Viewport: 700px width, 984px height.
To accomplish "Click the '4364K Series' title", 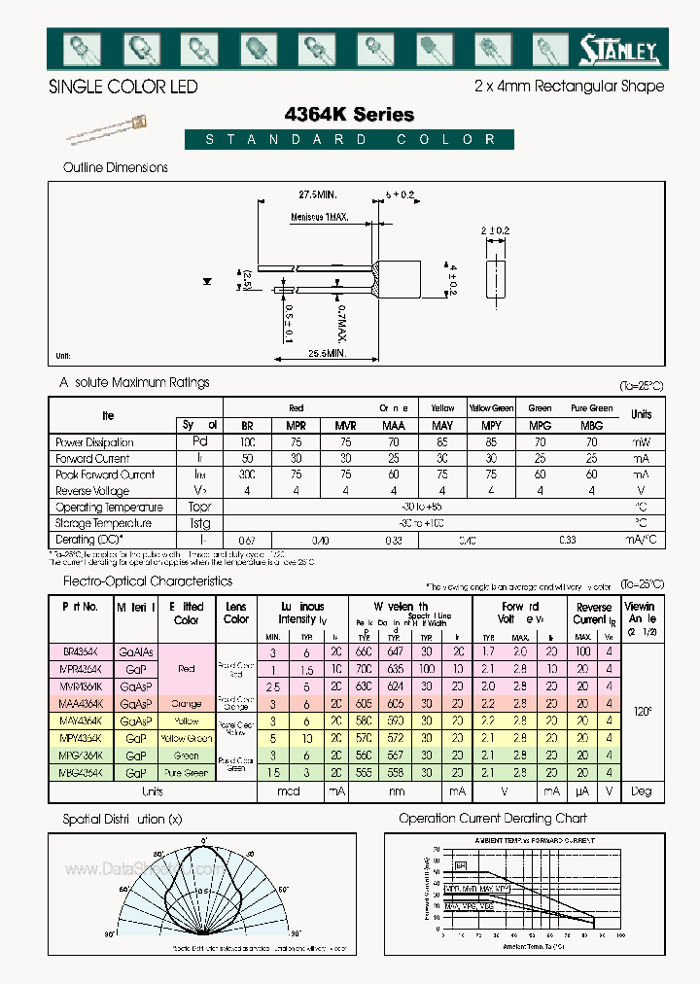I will tap(349, 115).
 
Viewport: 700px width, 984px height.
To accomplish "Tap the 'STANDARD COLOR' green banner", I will tap(351, 140).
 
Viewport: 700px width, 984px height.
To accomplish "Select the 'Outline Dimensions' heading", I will tap(115, 167).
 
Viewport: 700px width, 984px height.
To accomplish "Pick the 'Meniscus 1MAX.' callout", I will tap(319, 219).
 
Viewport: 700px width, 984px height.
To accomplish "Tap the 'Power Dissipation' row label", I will tap(94, 442).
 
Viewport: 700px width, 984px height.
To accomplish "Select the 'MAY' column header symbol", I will tap(441, 426).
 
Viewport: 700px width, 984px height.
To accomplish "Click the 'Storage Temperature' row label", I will tap(101, 523).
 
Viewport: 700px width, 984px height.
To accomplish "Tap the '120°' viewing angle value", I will tap(641, 712).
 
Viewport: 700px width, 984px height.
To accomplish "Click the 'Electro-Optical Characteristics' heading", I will tap(147, 580).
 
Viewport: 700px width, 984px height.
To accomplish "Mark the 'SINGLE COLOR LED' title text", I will tap(122, 87).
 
